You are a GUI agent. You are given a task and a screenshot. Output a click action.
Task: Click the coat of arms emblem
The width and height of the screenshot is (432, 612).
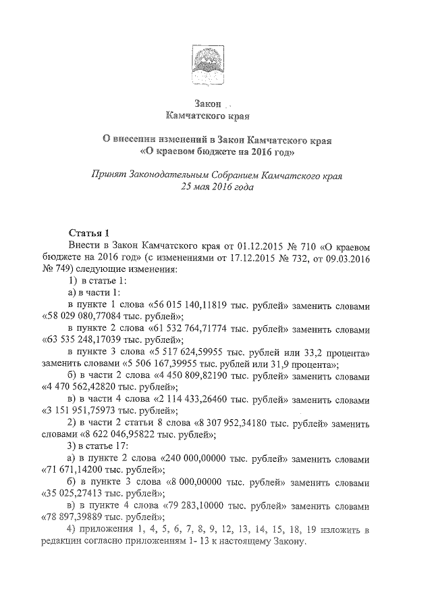coord(207,63)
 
